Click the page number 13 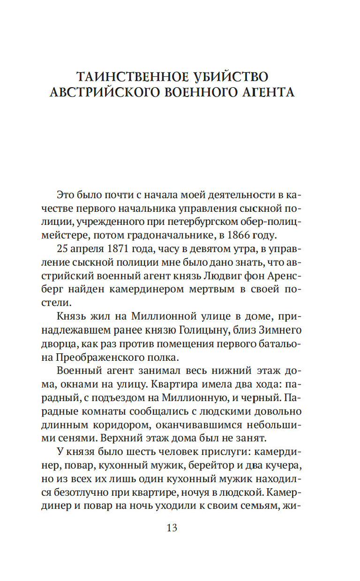pos(172,528)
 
